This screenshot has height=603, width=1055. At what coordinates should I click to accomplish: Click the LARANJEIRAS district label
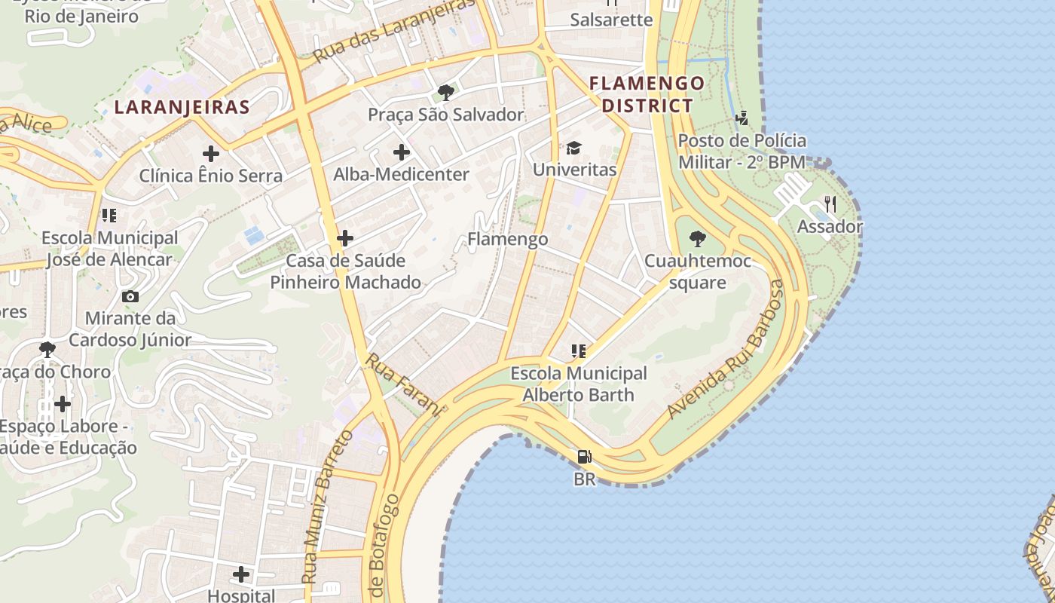[182, 107]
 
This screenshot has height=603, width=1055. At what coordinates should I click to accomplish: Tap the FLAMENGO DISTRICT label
[647, 94]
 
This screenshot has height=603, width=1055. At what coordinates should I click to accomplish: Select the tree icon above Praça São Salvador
[445, 93]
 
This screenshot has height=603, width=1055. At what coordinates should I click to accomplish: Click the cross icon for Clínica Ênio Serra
[211, 154]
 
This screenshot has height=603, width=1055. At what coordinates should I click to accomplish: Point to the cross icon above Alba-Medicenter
[402, 152]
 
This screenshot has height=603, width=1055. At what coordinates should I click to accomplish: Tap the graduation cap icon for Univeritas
[574, 148]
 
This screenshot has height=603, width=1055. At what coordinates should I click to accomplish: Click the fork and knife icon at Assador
[830, 204]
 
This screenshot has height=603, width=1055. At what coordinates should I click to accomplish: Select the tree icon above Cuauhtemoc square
[698, 239]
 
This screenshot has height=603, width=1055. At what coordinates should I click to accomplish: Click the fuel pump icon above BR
[584, 457]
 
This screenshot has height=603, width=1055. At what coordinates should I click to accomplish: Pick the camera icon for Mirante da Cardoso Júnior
[130, 296]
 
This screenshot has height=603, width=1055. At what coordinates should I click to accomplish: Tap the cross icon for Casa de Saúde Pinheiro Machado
[345, 238]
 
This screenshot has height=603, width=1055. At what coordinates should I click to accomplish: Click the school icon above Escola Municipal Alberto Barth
[578, 350]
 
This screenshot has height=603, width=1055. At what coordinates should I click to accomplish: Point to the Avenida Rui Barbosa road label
[726, 350]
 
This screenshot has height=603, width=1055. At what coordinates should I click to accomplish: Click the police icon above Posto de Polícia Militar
[742, 118]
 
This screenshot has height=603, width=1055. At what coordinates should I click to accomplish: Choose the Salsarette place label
[611, 20]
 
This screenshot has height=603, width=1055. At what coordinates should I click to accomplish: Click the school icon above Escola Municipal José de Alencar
[109, 216]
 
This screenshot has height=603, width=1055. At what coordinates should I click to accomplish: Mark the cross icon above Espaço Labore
[63, 404]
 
